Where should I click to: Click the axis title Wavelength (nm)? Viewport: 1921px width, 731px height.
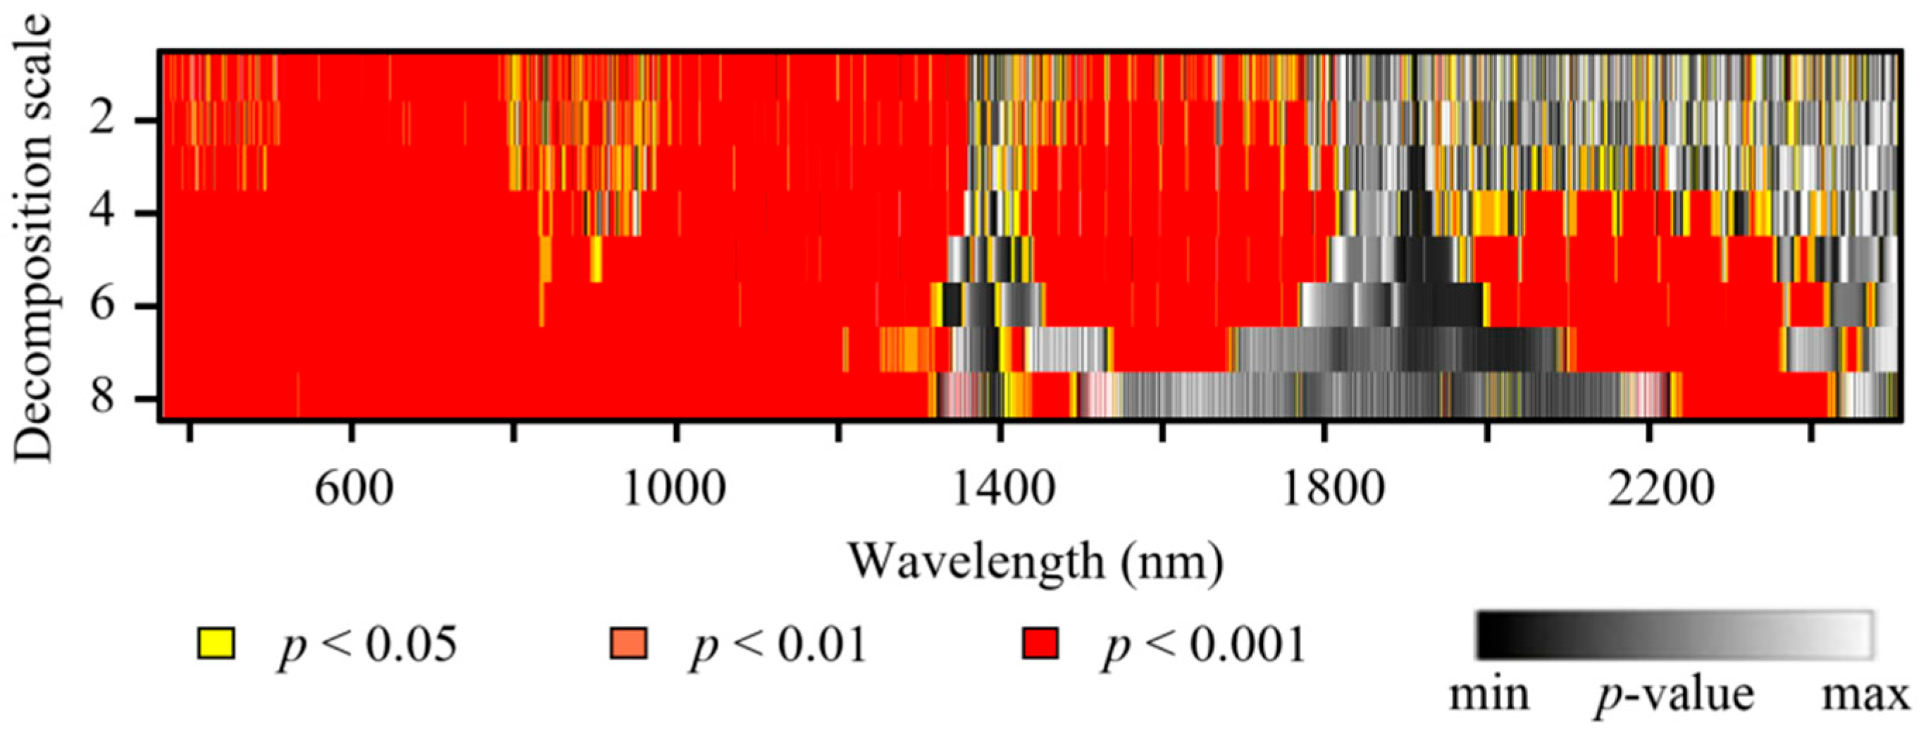coord(1036,562)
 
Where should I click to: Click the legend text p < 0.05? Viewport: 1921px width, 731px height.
coord(367,644)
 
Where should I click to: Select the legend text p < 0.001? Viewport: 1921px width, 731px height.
coord(1204,644)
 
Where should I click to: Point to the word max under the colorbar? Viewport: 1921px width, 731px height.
coord(1865,695)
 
